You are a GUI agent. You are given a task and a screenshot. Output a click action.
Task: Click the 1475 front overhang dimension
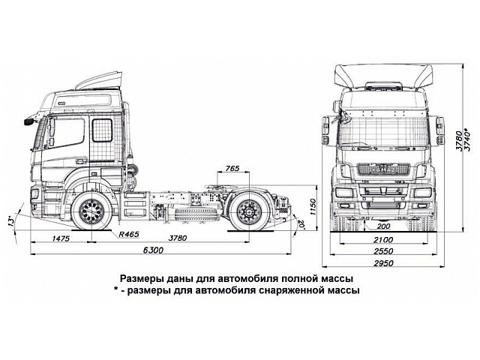tap(61, 238)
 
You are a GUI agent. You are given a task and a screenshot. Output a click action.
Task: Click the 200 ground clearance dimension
tap(385, 225)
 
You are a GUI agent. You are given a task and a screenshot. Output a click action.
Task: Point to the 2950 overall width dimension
tap(385, 264)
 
